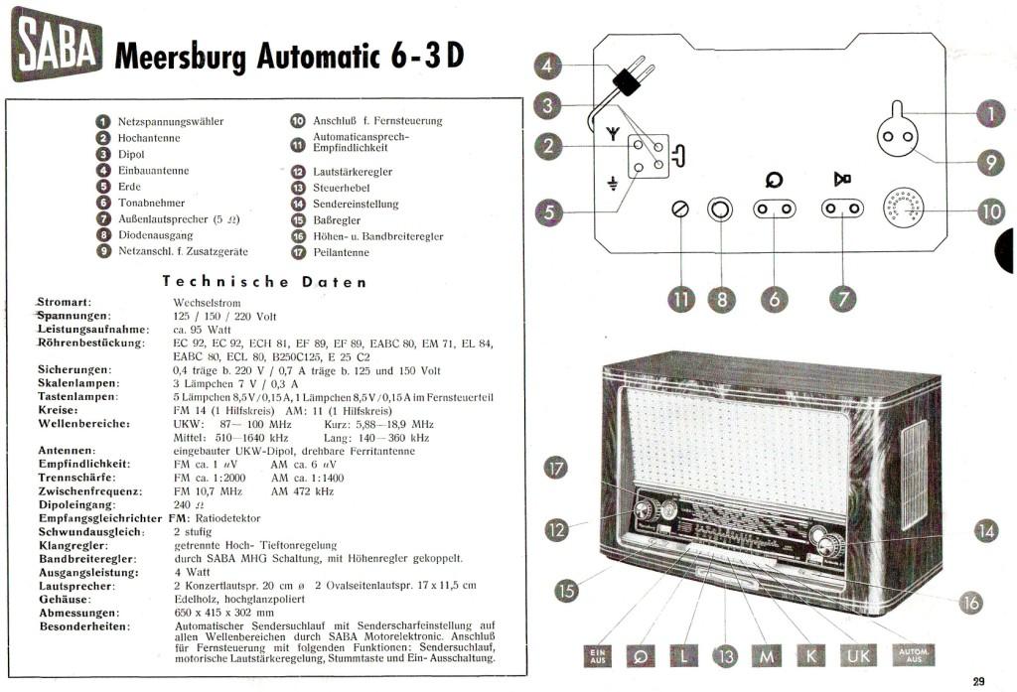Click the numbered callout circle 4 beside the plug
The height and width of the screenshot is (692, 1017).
[x=548, y=67]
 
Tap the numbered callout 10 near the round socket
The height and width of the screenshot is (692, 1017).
[x=990, y=210]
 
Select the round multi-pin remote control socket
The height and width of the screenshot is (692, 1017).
[x=904, y=208]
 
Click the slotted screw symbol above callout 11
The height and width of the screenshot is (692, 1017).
[x=681, y=210]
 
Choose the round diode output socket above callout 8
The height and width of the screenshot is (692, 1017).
[x=719, y=209]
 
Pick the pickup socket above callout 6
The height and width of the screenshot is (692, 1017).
[x=774, y=209]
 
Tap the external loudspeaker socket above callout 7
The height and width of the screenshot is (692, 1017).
[x=842, y=209]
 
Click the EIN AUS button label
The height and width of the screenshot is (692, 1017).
[x=596, y=656]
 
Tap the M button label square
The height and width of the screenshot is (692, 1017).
[x=767, y=656]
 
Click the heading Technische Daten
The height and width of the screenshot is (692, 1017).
[x=264, y=282]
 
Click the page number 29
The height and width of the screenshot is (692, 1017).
[x=978, y=680]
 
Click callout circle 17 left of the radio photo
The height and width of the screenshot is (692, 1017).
[x=556, y=469]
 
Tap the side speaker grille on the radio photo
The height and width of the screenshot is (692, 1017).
[x=913, y=475]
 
